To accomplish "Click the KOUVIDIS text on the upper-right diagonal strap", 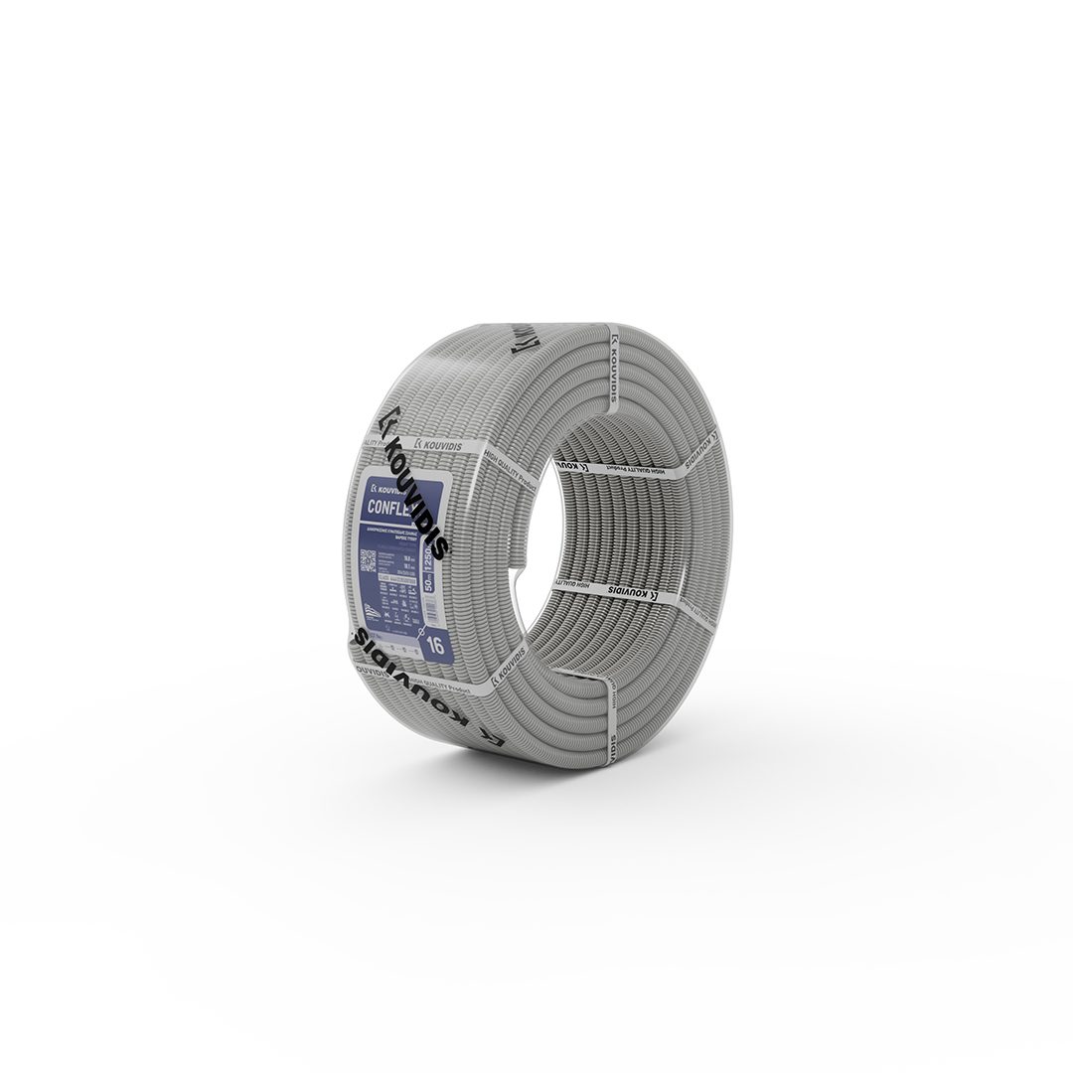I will pos(696,449).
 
